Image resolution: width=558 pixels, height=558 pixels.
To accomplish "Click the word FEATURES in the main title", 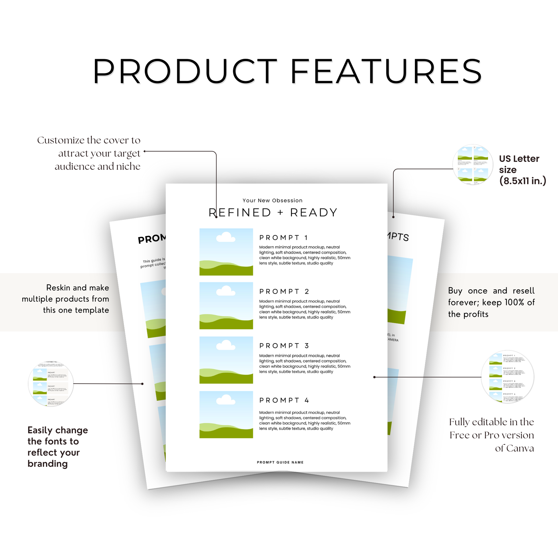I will (386, 71).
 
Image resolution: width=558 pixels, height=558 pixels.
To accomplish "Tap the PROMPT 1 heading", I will (283, 238).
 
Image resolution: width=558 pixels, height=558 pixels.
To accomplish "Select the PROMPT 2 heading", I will (284, 291).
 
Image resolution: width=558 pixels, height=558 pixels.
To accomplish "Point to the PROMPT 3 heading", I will (284, 346).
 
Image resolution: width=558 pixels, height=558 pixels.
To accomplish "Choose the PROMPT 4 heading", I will (284, 400).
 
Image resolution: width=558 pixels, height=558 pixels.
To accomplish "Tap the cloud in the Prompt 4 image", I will (226, 400).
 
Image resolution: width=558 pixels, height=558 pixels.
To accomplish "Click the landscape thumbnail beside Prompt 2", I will (226, 306).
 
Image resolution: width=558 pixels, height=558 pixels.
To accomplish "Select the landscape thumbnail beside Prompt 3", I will (226, 360).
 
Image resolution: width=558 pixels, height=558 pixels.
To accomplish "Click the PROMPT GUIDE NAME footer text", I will (280, 463).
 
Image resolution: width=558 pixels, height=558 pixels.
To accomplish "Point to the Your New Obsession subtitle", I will (272, 200).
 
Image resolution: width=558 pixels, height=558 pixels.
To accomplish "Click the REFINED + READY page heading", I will (273, 212).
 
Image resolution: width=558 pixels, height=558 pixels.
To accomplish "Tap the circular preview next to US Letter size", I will (473, 165).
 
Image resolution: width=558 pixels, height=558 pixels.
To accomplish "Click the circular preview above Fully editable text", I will (507, 376).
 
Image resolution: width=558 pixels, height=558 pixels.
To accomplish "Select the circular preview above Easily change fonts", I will (51, 384).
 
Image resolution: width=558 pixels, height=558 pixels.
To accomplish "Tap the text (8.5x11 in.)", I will (523, 181).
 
